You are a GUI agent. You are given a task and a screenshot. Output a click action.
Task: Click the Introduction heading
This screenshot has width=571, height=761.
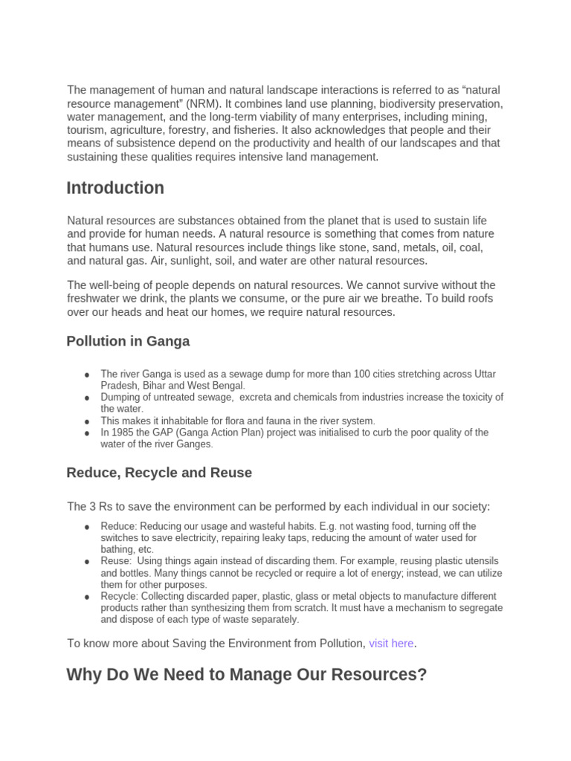[115, 189]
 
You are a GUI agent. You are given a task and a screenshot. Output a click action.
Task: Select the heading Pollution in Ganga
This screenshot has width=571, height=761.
[128, 341]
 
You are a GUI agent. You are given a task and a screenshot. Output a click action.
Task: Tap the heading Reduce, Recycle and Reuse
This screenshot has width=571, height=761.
[159, 473]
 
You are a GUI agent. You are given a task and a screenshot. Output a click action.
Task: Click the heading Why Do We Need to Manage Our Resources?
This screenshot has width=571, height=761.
[246, 675]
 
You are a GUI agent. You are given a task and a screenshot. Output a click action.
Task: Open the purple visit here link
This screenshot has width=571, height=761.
[391, 644]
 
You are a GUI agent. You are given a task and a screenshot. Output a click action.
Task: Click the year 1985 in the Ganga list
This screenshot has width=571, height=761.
[123, 433]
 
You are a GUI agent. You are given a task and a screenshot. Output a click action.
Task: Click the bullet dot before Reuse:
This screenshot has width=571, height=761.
[88, 562]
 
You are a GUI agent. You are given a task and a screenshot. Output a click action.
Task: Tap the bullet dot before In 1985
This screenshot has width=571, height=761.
[88, 433]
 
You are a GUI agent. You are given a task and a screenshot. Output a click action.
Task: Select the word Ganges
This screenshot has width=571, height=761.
[195, 444]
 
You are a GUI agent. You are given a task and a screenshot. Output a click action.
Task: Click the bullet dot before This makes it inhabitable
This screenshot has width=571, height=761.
[88, 421]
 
